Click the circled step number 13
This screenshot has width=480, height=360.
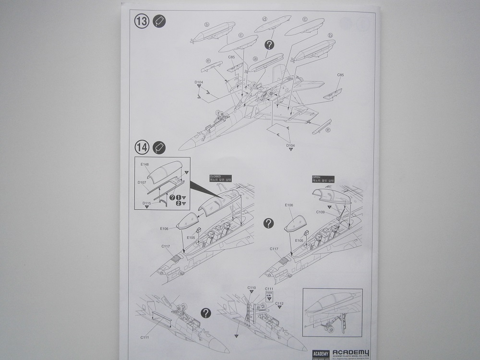click(142, 22)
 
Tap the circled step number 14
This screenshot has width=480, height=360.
click(142, 147)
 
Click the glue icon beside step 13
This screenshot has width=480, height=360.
click(159, 22)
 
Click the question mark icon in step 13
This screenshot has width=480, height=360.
click(269, 45)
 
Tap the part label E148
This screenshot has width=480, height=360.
click(145, 165)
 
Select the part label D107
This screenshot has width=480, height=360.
click(142, 182)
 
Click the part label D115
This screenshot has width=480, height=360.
click(146, 203)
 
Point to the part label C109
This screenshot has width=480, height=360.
click(321, 212)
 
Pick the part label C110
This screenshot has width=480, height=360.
click(252, 288)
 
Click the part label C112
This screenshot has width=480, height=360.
click(279, 304)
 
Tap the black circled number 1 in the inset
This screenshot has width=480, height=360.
click(178, 197)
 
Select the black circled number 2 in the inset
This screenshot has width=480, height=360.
click(178, 204)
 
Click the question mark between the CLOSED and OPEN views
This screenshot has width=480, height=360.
click(269, 223)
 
